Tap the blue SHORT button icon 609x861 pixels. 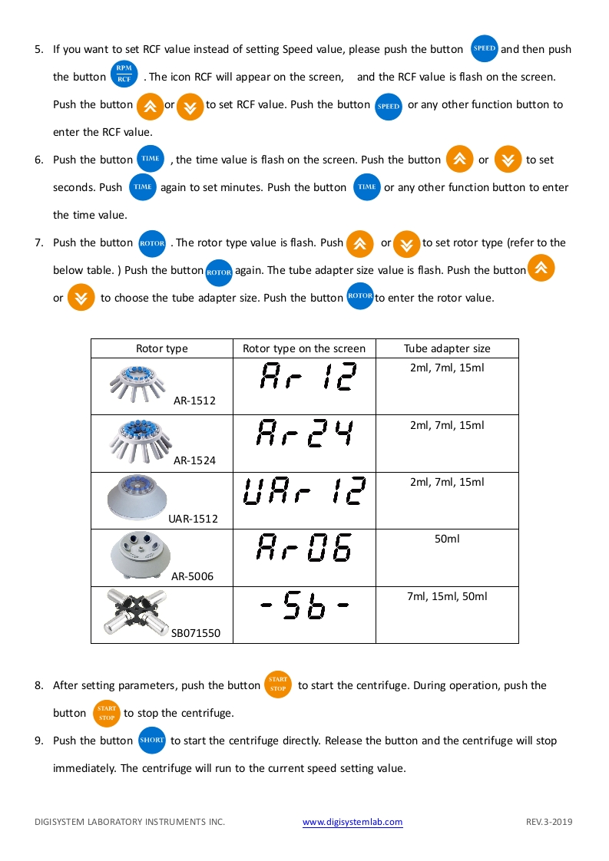152,741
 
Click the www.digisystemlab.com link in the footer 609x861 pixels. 352,822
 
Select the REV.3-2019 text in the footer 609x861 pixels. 549,822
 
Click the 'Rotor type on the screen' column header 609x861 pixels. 304,348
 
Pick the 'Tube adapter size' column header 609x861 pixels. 447,348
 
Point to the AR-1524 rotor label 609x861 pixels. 194,460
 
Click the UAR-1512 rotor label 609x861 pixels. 193,518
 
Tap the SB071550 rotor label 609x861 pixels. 195,633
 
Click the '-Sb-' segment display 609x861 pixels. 304,608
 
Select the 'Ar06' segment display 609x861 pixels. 304,550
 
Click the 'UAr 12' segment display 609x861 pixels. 304,493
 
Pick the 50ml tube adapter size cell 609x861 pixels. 447,539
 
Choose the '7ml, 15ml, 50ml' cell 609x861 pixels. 447,596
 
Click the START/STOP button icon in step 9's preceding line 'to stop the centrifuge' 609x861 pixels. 107,713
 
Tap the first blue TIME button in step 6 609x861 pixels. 151,159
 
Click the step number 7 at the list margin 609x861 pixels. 38,243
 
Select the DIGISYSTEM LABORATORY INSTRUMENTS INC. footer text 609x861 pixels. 130,822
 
